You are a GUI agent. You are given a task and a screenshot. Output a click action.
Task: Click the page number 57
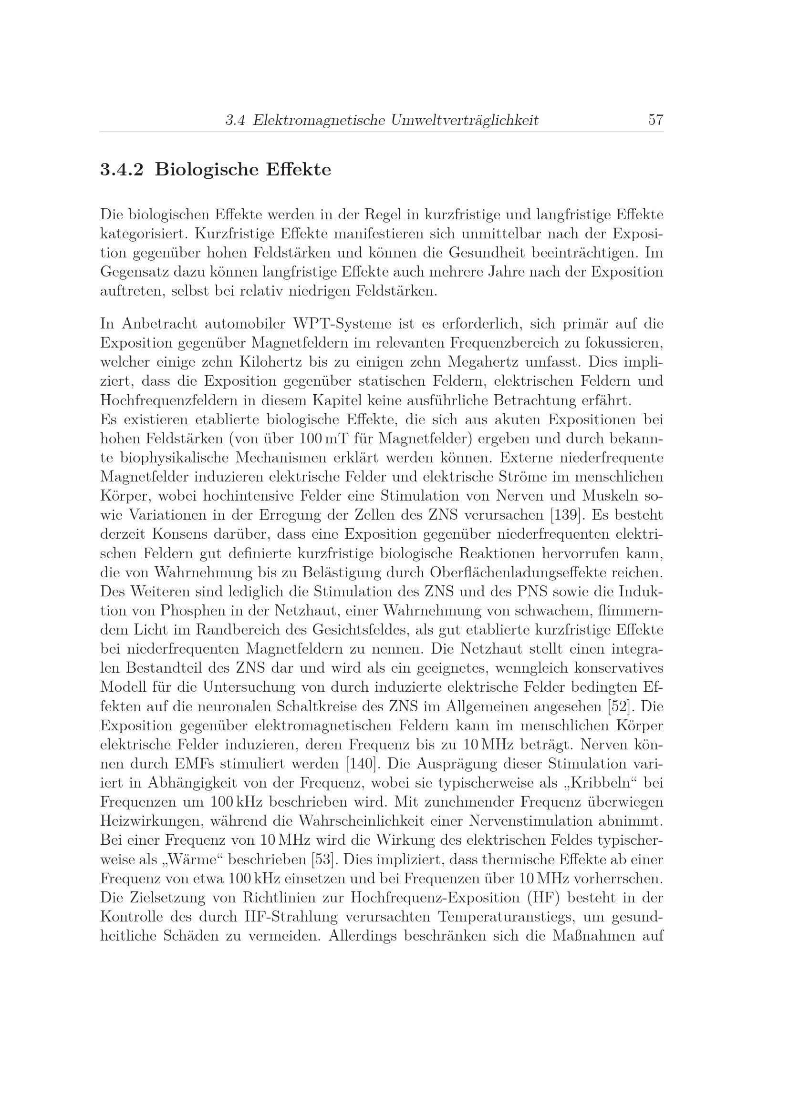pos(655,120)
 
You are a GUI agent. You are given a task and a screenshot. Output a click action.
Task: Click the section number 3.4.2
pos(122,170)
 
